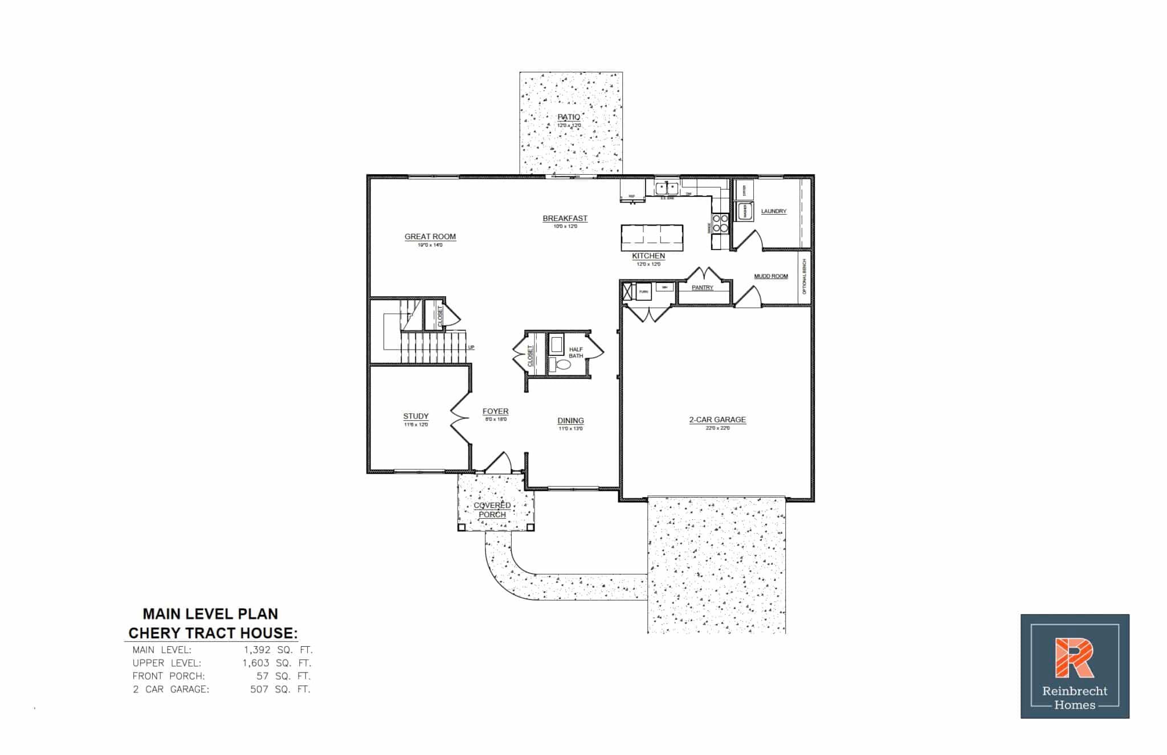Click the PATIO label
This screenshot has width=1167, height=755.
569,117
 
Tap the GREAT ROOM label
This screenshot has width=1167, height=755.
430,236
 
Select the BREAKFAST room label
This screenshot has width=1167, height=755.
565,218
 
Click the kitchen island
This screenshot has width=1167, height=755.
651,237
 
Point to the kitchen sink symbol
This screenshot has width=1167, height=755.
666,187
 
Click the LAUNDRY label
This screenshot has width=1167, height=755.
773,211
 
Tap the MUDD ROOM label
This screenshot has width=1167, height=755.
770,276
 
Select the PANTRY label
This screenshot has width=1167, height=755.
702,288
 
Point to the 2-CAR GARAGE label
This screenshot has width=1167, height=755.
717,420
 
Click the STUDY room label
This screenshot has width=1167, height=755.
415,416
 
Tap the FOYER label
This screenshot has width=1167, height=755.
495,411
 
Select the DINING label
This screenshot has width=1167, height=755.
570,421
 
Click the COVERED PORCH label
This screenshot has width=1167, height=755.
492,510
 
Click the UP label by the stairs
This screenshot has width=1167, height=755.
471,347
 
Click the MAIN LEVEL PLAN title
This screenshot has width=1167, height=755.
210,614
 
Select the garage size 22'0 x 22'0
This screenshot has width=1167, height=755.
717,428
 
